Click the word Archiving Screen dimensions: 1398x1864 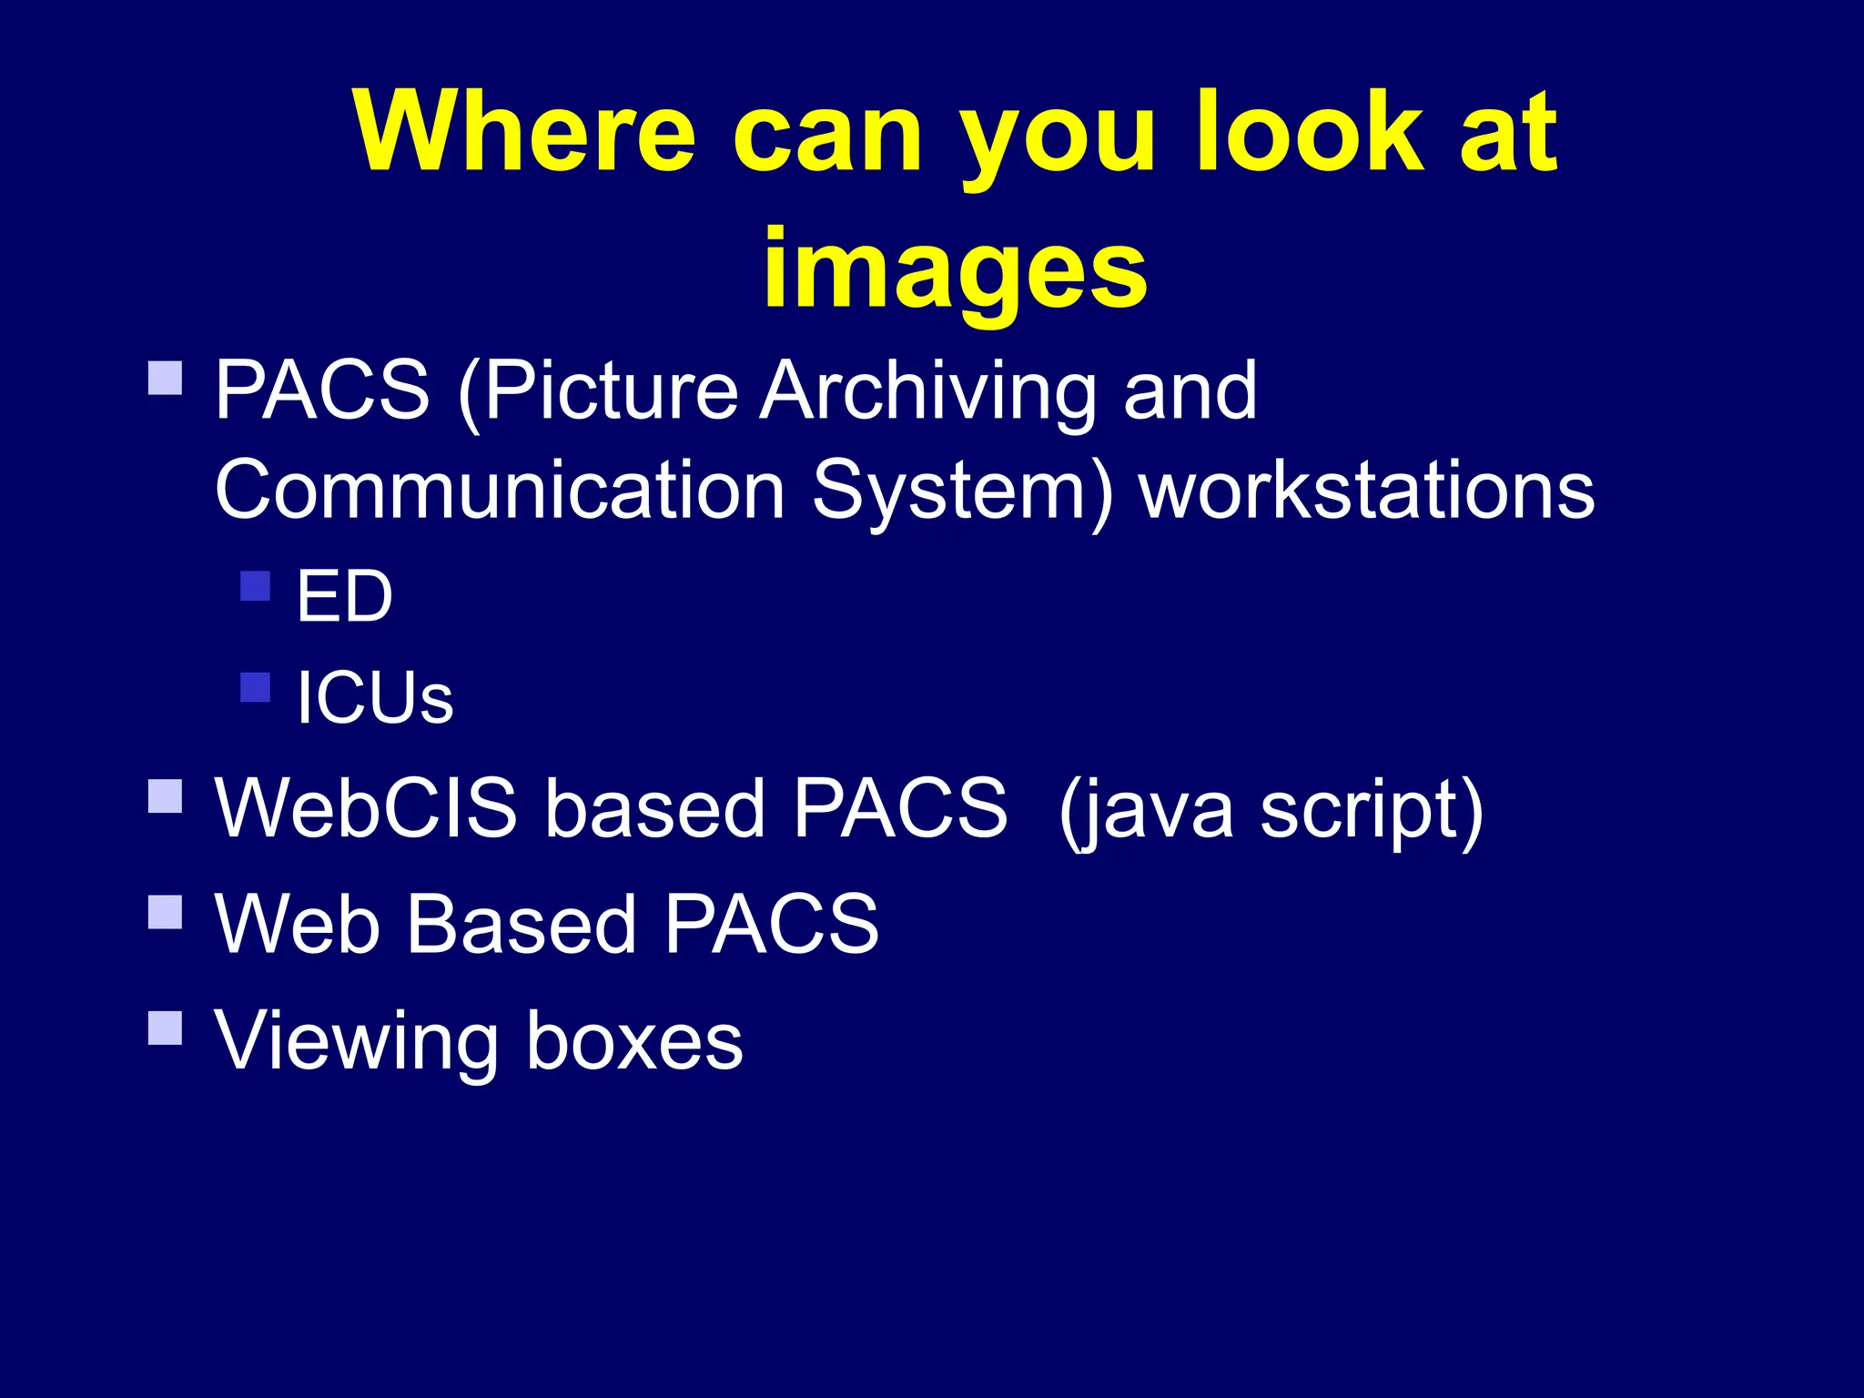(x=928, y=391)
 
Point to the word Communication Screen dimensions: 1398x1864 (x=500, y=491)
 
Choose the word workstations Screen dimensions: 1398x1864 (x=1366, y=491)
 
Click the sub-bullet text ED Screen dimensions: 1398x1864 (x=344, y=597)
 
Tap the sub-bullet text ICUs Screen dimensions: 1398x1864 (x=374, y=698)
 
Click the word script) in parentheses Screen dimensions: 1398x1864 (x=1372, y=808)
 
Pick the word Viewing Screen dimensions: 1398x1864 (x=356, y=1040)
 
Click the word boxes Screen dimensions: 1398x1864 (x=634, y=1040)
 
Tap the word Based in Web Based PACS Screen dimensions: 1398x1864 (x=521, y=925)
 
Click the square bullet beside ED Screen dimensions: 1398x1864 (x=256, y=586)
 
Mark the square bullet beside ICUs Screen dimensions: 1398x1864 (x=256, y=687)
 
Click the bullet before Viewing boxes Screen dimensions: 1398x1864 (x=165, y=1028)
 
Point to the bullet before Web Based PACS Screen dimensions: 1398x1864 (x=165, y=912)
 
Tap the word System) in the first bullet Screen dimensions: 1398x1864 (x=961, y=491)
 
